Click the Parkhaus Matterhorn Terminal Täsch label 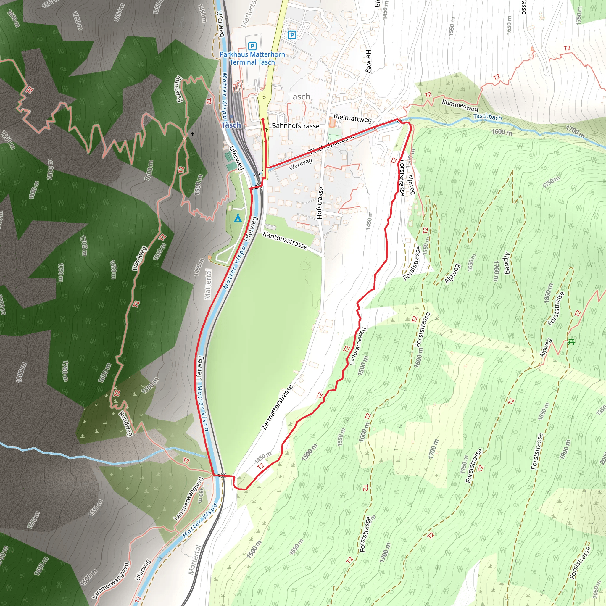click(x=252, y=58)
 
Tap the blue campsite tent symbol click(x=238, y=218)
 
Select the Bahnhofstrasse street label click(x=296, y=126)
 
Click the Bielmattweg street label click(x=352, y=118)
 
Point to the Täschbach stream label click(x=487, y=117)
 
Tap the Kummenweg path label click(x=460, y=105)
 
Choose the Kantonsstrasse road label click(x=285, y=240)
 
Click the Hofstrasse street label click(x=320, y=203)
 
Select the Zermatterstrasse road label click(x=277, y=407)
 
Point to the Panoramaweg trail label click(x=357, y=346)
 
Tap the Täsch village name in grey click(x=299, y=96)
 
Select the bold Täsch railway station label click(x=231, y=125)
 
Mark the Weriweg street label click(x=301, y=164)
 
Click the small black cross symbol click(x=192, y=134)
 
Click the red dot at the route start click(x=263, y=120)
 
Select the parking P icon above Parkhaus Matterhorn click(x=252, y=46)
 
